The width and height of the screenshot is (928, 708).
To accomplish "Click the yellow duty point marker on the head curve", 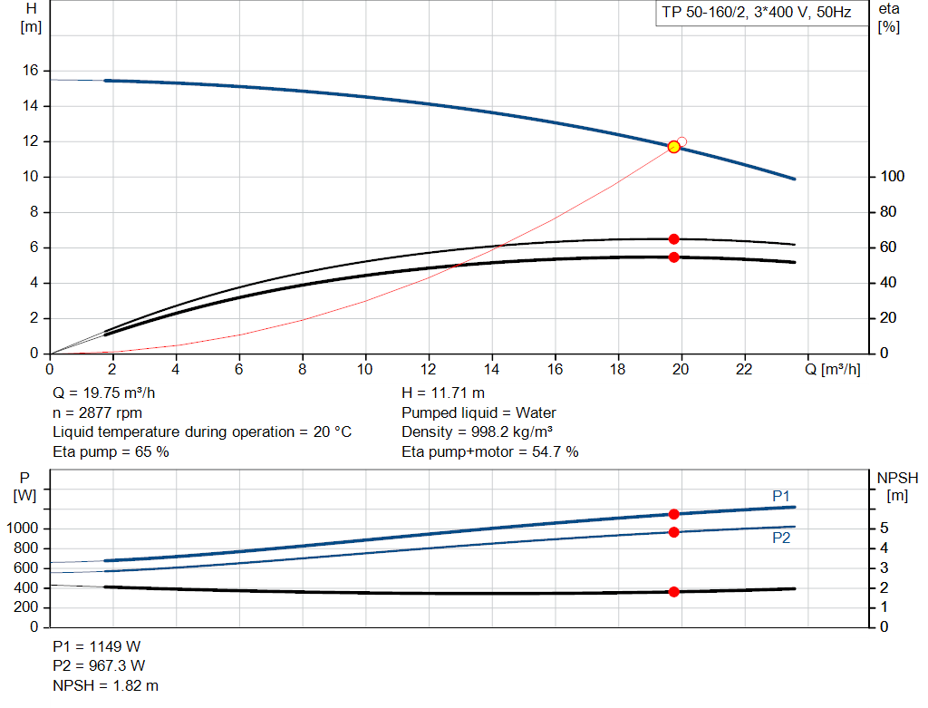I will pyautogui.click(x=673, y=147).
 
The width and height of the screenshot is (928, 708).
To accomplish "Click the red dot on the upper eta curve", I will pyautogui.click(x=673, y=239).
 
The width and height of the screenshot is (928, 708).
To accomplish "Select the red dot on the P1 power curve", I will pyautogui.click(x=673, y=514).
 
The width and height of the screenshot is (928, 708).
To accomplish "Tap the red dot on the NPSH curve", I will pyautogui.click(x=673, y=592).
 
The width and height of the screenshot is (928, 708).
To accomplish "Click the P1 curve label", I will pyautogui.click(x=781, y=496).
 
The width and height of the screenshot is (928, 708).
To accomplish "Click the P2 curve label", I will pyautogui.click(x=781, y=538).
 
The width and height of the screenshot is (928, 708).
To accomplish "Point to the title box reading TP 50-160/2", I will pyautogui.click(x=756, y=14).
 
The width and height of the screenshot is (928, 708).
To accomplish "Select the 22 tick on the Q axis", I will pyautogui.click(x=744, y=370).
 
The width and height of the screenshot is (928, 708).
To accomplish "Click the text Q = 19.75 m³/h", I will pyautogui.click(x=110, y=393).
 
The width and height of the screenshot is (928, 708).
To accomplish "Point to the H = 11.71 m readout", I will pyautogui.click(x=442, y=393).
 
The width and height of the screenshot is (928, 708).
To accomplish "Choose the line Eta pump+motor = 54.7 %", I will pyautogui.click(x=489, y=451).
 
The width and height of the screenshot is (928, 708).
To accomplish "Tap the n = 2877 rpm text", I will pyautogui.click(x=97, y=412).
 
